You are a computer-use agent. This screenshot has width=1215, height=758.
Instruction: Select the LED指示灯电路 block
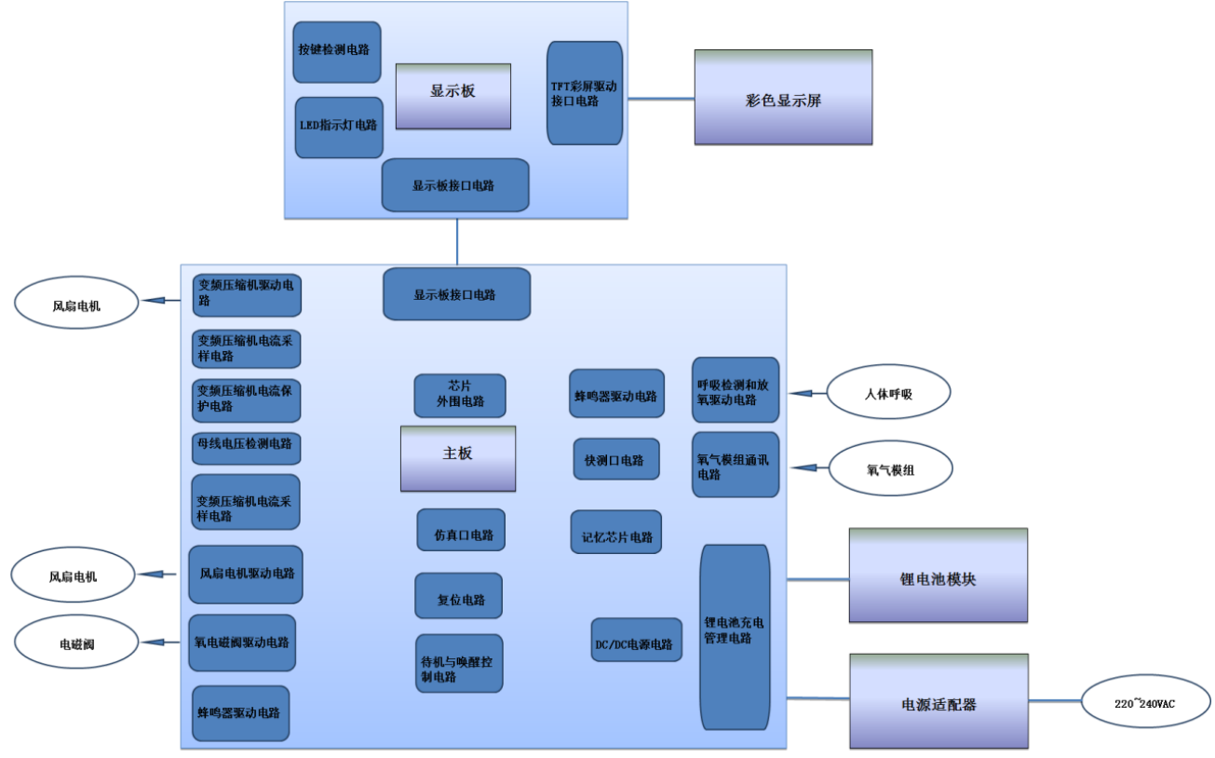[x=339, y=127]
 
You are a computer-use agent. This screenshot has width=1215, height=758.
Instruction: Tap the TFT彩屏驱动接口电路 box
[x=585, y=93]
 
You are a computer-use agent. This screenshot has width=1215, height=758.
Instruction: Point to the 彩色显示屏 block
[x=783, y=98]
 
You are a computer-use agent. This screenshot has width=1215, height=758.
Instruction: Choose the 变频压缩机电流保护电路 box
[x=247, y=399]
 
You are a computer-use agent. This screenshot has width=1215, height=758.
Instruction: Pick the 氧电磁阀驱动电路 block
[x=242, y=643]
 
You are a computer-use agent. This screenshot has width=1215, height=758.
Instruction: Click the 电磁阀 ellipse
[x=77, y=643]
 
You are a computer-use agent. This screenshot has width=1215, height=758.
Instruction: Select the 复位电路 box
[x=458, y=596]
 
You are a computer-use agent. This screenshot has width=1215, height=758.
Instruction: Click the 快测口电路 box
[x=616, y=459]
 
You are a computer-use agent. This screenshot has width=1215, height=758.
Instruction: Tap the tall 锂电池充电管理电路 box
[x=735, y=637]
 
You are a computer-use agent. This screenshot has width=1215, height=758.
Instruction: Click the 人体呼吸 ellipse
[x=888, y=392]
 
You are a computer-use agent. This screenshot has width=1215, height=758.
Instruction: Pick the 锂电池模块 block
[x=938, y=575]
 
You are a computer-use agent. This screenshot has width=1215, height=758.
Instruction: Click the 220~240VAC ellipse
[x=1145, y=701]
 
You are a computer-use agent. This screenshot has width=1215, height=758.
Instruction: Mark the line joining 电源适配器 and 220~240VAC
[x=1054, y=700]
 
